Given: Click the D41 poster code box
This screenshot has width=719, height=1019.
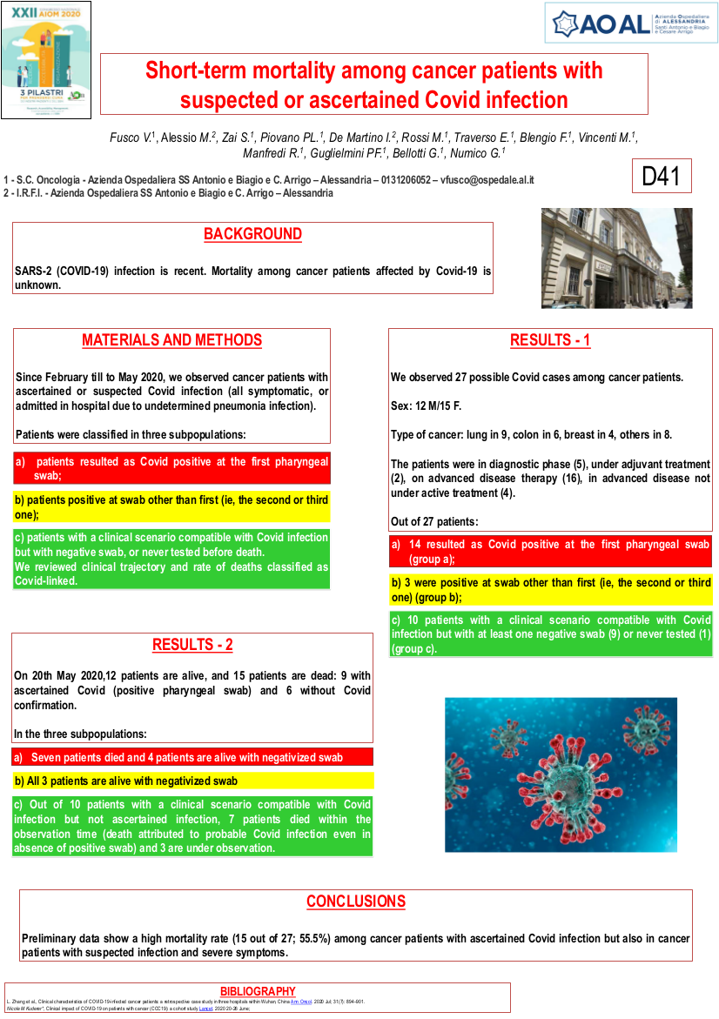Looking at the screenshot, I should coord(662,177).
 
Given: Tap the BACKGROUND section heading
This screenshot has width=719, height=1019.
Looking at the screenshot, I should coord(252,235).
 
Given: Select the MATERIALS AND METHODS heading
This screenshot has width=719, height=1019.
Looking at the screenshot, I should coord(171,340).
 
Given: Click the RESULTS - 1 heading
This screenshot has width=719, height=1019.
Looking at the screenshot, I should coord(550,340).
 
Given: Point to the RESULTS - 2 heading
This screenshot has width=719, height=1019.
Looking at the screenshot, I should coord(192,645).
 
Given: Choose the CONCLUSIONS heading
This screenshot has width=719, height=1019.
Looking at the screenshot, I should coord(355,902).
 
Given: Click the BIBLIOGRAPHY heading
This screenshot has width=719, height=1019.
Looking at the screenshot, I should coord(258,991).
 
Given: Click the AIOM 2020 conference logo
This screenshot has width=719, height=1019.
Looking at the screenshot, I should coord(46,58).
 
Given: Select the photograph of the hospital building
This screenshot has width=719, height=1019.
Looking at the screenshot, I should coord(616,258).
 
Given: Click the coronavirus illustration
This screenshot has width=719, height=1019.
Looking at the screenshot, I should coord(561,774).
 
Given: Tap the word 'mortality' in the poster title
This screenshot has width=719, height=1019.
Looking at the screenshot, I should coord(288,70).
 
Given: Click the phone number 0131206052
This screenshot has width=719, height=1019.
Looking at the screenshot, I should coord(404,180).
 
